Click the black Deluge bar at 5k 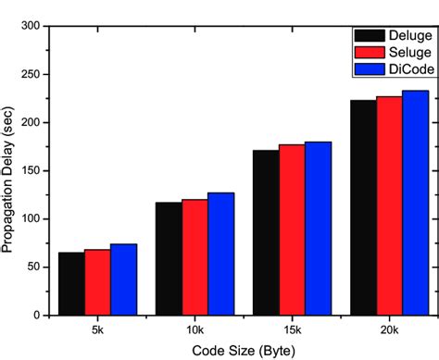71,283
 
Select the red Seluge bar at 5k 97,281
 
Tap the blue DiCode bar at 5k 123,279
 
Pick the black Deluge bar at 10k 169,258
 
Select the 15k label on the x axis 292,329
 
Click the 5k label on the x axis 97,329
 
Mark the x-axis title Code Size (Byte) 243,350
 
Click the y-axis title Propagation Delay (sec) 9,171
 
